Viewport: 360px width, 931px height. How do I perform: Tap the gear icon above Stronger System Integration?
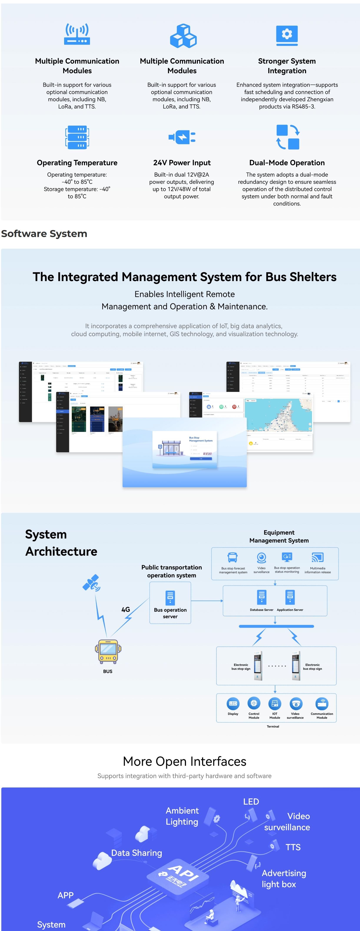point(287,35)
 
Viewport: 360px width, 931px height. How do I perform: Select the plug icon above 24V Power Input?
point(182,137)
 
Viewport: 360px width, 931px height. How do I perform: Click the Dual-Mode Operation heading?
point(287,163)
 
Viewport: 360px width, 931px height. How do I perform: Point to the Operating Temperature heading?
point(77,163)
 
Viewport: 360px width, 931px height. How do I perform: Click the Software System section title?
point(44,234)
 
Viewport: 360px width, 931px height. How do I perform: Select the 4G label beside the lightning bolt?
point(125,609)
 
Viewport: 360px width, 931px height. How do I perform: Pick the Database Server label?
point(261,610)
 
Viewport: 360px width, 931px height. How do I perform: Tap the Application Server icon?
point(290,597)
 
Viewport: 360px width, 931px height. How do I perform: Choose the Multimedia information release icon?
point(317,557)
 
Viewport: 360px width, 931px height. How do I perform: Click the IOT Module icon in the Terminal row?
point(275,703)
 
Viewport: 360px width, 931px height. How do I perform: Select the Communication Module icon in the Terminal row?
point(322,703)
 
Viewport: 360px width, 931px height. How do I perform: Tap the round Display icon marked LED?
point(233,703)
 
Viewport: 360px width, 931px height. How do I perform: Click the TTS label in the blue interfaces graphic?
point(293,847)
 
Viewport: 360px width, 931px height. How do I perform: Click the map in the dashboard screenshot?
point(278,415)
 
